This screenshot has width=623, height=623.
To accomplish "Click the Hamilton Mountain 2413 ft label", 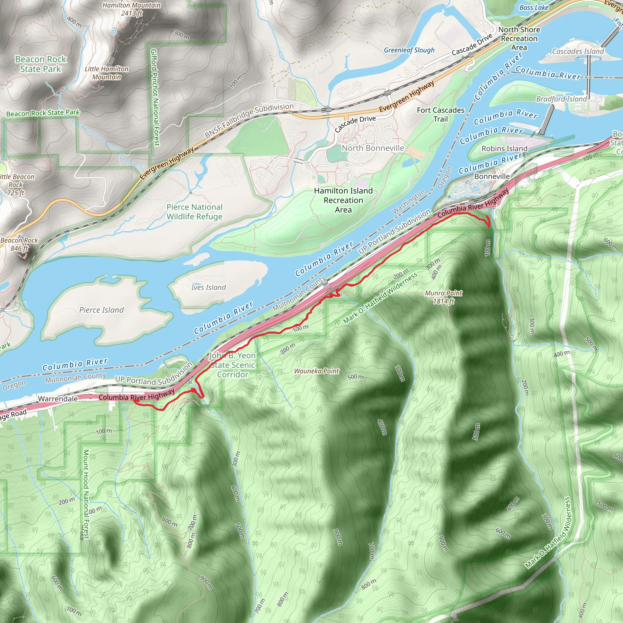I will coord(131,9).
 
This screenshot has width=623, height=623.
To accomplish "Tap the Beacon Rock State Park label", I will coord(41,64).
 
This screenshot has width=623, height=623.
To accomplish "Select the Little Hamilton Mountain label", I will coord(106,73).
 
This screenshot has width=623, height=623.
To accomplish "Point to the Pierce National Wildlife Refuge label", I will coord(194,212).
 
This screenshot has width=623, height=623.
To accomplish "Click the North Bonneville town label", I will coord(373,148).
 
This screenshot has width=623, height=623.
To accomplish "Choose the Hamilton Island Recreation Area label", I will coord(343,200).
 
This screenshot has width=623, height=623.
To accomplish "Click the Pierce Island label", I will coord(102,310).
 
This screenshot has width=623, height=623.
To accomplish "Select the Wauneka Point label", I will coord(316,371).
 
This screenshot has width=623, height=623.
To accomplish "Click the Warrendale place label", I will coord(58,399).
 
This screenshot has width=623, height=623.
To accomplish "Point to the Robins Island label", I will coord(504,149).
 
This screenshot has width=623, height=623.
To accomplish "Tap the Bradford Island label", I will coord(562,99).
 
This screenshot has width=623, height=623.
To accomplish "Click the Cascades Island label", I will coord(578,52).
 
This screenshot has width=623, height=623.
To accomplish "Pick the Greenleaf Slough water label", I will coord(409,50).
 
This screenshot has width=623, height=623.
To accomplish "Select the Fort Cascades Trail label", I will coord(440,115).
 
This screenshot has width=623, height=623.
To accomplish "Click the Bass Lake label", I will coord(534,8).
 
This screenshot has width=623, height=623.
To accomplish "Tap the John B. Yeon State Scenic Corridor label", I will coord(232,365).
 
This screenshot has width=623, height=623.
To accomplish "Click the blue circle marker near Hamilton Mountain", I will coord(114,32).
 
